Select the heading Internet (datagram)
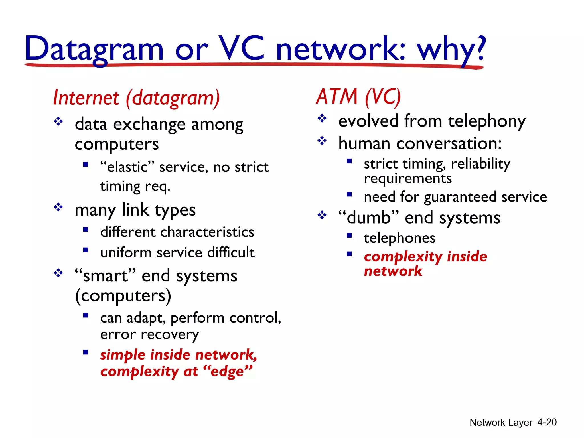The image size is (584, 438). click(136, 98)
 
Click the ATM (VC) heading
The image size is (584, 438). click(358, 97)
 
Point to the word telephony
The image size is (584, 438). click(487, 121)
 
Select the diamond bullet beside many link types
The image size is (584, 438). click(58, 207)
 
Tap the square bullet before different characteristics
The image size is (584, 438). click(86, 229)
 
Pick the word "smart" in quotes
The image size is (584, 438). click(105, 276)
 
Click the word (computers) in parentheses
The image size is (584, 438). click(123, 296)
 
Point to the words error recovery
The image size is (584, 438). click(149, 334)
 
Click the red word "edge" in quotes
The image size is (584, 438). click(228, 371)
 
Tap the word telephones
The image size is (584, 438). click(400, 238)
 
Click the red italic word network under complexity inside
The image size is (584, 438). click(393, 271)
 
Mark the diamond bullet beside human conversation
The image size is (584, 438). click(322, 141)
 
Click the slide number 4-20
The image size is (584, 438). click(547, 422)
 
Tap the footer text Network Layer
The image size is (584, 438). click(501, 422)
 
